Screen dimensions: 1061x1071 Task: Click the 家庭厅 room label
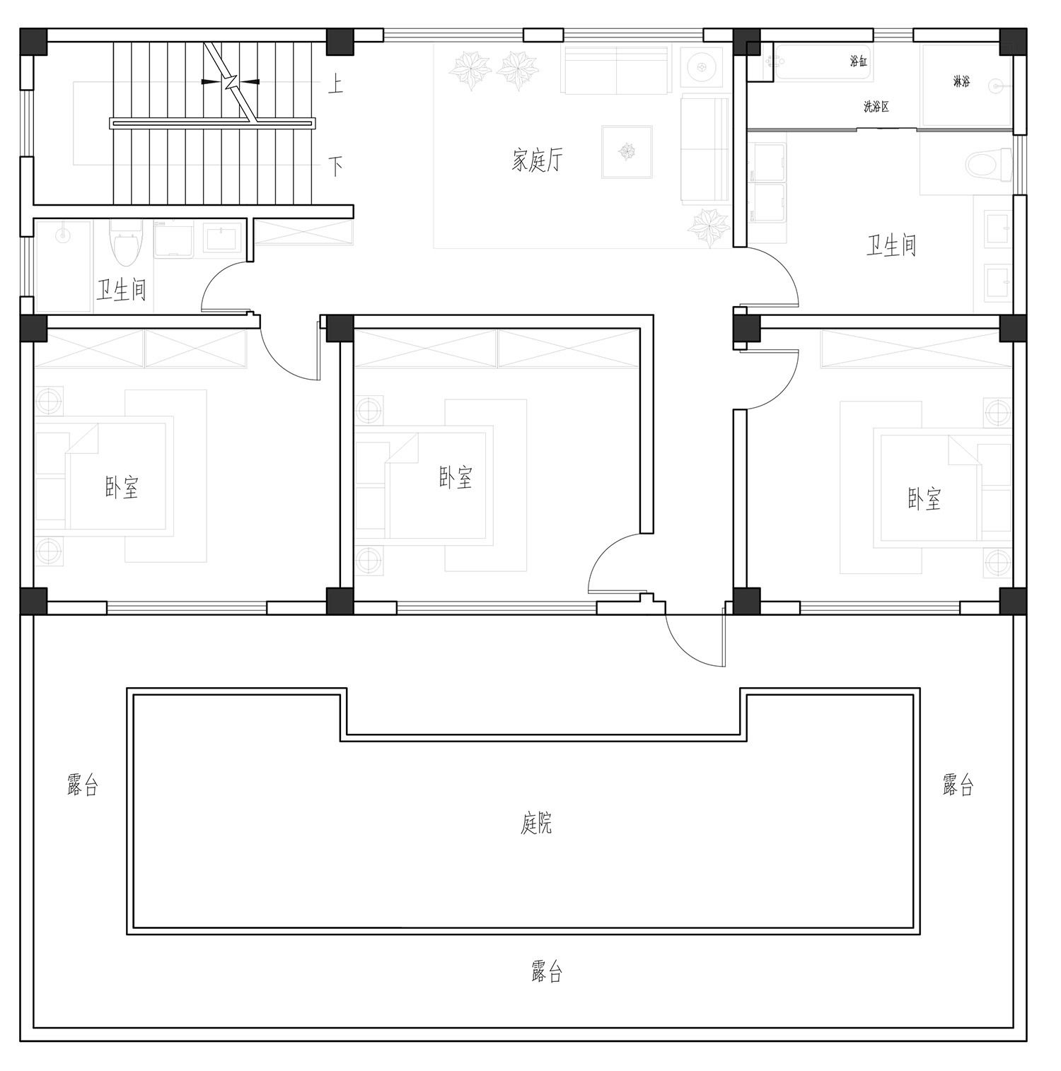[538, 160]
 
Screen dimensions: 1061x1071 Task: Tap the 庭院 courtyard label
[537, 824]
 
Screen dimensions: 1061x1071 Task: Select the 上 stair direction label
[335, 85]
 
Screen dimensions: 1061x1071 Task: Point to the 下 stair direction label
[335, 167]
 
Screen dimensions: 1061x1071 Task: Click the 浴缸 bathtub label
[859, 62]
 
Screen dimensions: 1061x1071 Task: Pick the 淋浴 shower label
[961, 82]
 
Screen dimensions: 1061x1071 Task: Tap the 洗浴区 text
[876, 107]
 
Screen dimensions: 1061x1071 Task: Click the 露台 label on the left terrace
[83, 785]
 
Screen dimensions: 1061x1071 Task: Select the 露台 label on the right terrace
[958, 785]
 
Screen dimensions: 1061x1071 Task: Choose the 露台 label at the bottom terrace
[547, 972]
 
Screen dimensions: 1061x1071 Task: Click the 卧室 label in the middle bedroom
[456, 478]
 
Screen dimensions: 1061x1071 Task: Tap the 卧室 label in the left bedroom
[122, 488]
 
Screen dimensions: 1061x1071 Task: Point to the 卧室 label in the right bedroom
[924, 499]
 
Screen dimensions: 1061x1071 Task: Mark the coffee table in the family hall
[627, 151]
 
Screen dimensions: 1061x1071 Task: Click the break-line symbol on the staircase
[231, 82]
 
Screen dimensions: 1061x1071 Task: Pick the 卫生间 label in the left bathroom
[122, 290]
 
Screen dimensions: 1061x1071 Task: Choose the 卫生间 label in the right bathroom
[891, 245]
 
